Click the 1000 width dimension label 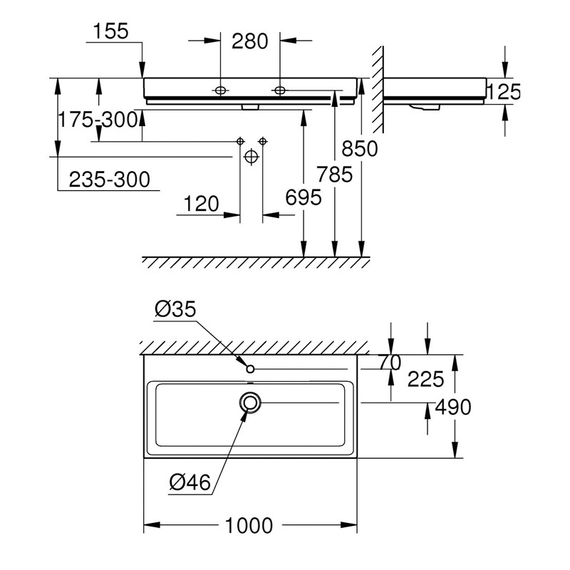click(249, 526)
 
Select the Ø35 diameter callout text click(175, 309)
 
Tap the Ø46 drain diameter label click(190, 483)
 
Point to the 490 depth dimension click(452, 407)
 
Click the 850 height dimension click(359, 148)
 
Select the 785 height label click(334, 174)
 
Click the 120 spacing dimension click(202, 204)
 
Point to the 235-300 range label click(110, 180)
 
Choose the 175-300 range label click(98, 120)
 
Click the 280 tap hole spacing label click(250, 41)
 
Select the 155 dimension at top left click(110, 31)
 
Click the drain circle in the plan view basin click(250, 403)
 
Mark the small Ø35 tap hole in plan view click(250, 368)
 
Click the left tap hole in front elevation click(220, 90)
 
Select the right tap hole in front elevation click(279, 90)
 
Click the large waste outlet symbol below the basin click(250, 157)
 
